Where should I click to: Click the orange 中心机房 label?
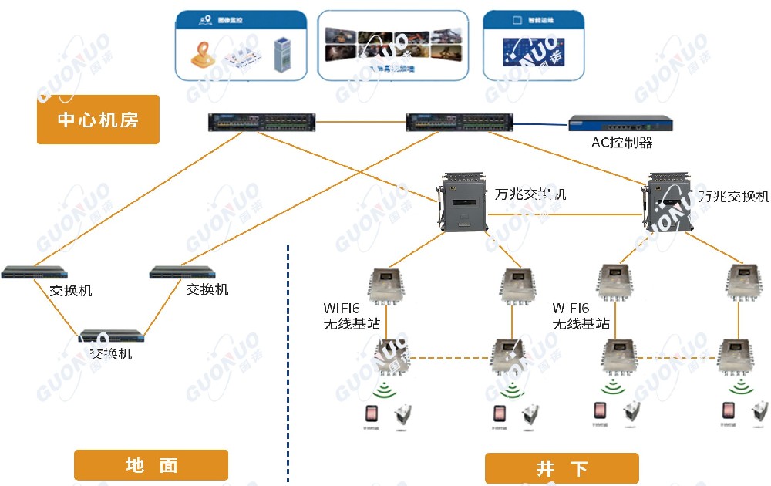pyautogui.click(x=98, y=120)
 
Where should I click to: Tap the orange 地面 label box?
pyautogui.click(x=151, y=465)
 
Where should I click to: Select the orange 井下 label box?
pyautogui.click(x=561, y=468)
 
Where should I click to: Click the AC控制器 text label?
pyautogui.click(x=621, y=142)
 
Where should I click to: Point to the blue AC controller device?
pyautogui.click(x=621, y=123)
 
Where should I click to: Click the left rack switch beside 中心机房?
pyautogui.click(x=262, y=122)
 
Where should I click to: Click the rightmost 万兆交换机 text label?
pyautogui.click(x=733, y=196)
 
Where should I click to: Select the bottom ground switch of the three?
pyautogui.click(x=113, y=336)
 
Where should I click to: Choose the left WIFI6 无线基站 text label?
pyautogui.click(x=351, y=316)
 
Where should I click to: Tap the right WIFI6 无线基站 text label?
pyautogui.click(x=581, y=316)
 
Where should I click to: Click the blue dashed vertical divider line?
pyautogui.click(x=288, y=363)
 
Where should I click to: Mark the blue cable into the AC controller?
pyautogui.click(x=540, y=123)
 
